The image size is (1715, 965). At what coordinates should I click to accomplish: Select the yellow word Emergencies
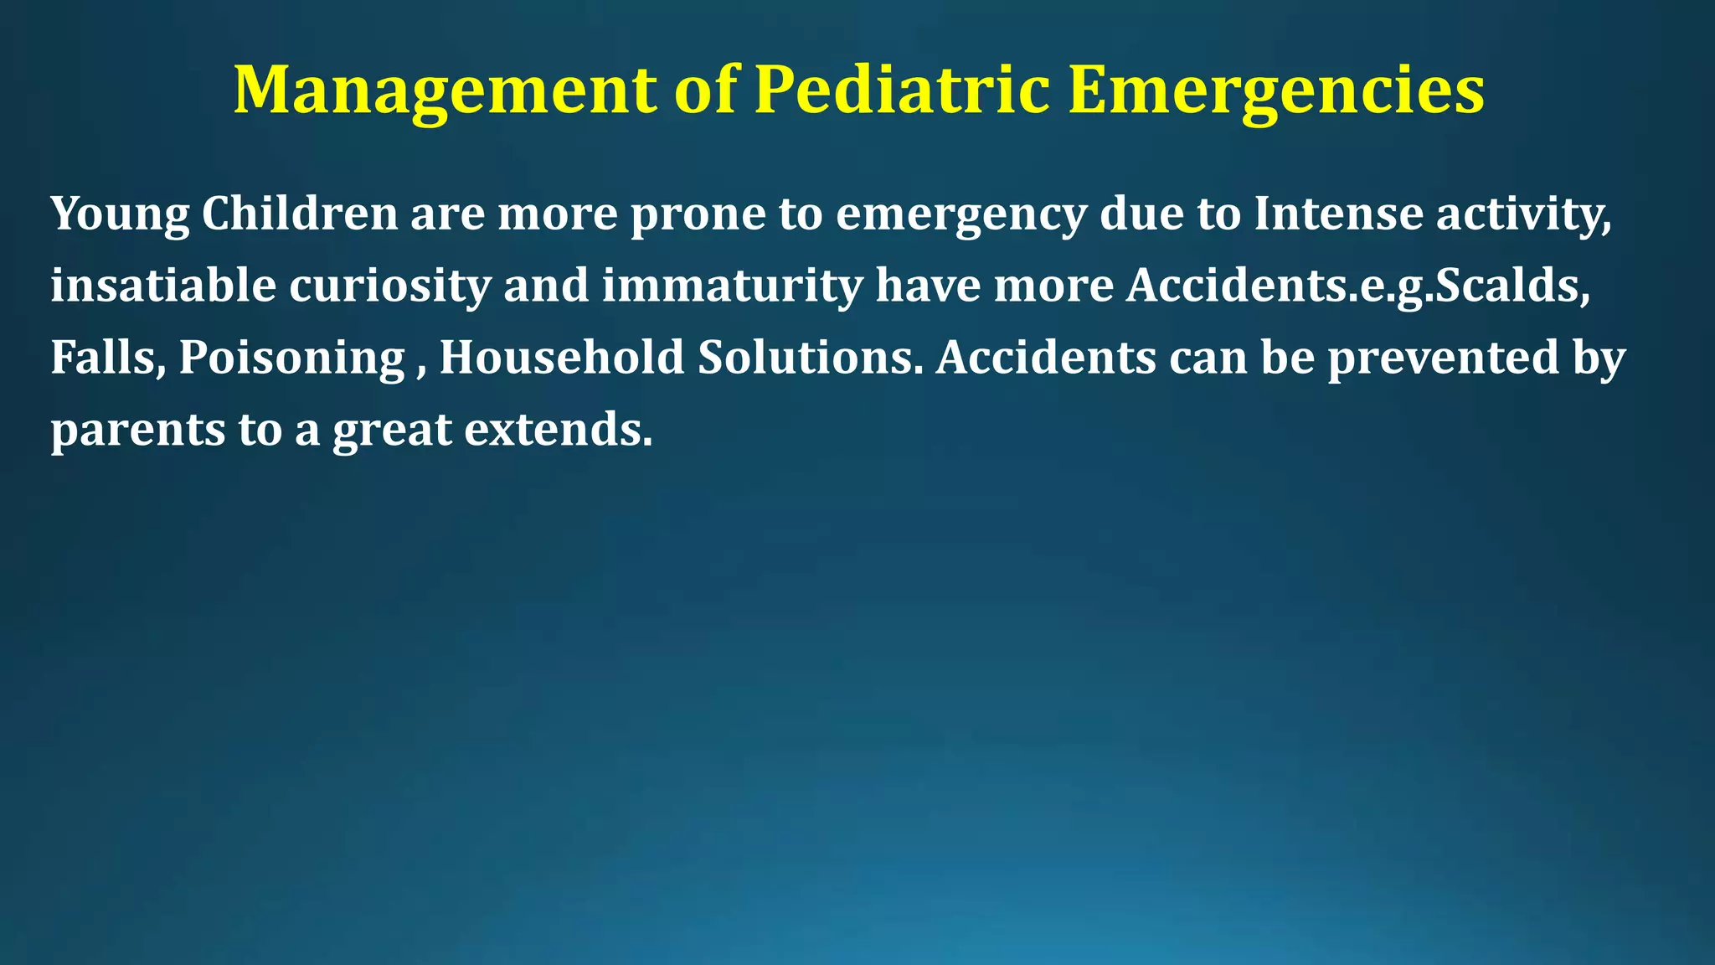[x=1276, y=90]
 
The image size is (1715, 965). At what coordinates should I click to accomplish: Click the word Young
[x=120, y=214]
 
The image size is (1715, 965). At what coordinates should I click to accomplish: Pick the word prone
[x=698, y=214]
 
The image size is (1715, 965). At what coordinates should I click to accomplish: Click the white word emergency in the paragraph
[x=961, y=214]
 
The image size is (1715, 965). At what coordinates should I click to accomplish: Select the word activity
[x=1523, y=214]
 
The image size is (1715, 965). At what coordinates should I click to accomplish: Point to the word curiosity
[x=390, y=286]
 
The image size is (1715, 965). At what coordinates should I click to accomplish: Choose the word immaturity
[x=732, y=286]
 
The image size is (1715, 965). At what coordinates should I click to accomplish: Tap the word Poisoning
[x=292, y=359]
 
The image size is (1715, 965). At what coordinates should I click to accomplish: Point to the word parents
[x=137, y=431]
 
